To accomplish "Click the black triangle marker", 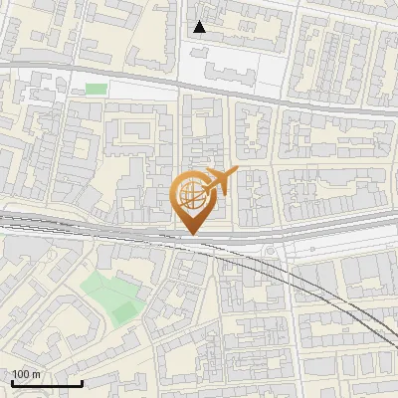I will [x=200, y=27].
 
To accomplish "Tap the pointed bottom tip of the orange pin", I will [x=189, y=234].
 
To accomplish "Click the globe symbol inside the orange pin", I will [x=189, y=193].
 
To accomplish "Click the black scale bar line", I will [x=46, y=383].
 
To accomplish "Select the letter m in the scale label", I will [x=36, y=374].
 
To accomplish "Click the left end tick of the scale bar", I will [x=12, y=381].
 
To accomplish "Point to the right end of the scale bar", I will [x=81, y=381].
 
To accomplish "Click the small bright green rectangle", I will [x=96, y=90].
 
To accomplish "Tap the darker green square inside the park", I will [x=124, y=312].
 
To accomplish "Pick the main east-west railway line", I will [x=99, y=228].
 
